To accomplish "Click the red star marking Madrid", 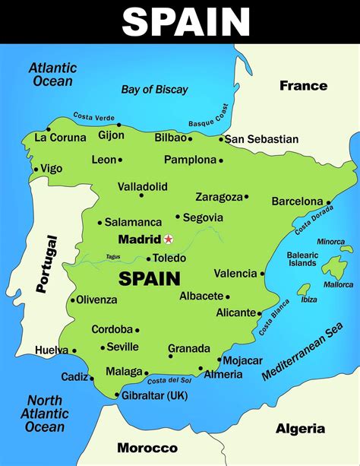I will pyautogui.click(x=169, y=239).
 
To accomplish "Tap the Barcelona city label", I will pyautogui.click(x=297, y=201).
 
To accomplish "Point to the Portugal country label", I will pyautogui.click(x=46, y=263).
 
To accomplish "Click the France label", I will pyautogui.click(x=302, y=85).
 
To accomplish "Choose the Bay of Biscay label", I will pyautogui.click(x=154, y=90).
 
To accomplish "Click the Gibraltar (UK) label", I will pyautogui.click(x=155, y=395).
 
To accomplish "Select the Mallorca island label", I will pyautogui.click(x=338, y=285).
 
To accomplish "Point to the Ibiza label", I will pyautogui.click(x=309, y=300).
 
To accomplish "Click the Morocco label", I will pyautogui.click(x=147, y=449).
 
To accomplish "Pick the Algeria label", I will pyautogui.click(x=299, y=429).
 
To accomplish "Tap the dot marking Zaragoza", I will pyautogui.click(x=246, y=197).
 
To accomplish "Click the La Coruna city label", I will pyautogui.click(x=61, y=138).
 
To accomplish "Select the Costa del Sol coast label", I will pyautogui.click(x=169, y=380).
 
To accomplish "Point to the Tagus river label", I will pyautogui.click(x=113, y=256).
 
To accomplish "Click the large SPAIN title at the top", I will pyautogui.click(x=186, y=21).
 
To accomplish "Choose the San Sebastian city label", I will pyautogui.click(x=262, y=139).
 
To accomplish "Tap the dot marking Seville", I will pyautogui.click(x=103, y=347).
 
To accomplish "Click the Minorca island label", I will pyautogui.click(x=331, y=242).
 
